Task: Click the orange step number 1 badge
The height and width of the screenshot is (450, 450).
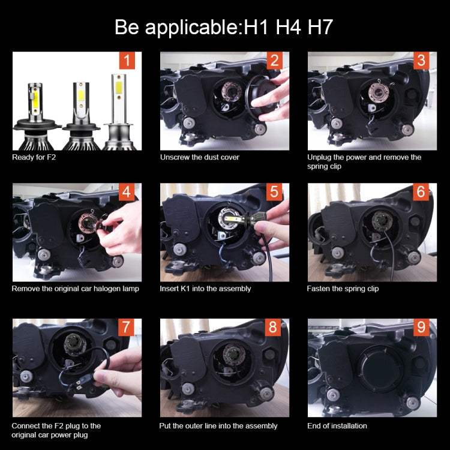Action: (127, 61)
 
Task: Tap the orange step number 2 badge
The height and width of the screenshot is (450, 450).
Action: (274, 61)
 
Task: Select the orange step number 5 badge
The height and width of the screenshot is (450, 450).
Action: (274, 192)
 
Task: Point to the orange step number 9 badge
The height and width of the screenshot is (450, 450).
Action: (422, 328)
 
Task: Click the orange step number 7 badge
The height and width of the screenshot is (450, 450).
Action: (127, 328)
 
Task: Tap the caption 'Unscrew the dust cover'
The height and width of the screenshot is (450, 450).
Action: (199, 157)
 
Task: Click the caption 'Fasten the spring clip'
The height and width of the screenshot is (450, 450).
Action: (343, 289)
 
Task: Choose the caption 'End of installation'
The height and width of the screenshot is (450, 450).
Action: (337, 426)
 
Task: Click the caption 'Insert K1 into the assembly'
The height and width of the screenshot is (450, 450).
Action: (205, 289)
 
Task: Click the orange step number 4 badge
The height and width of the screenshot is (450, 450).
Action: (127, 192)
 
